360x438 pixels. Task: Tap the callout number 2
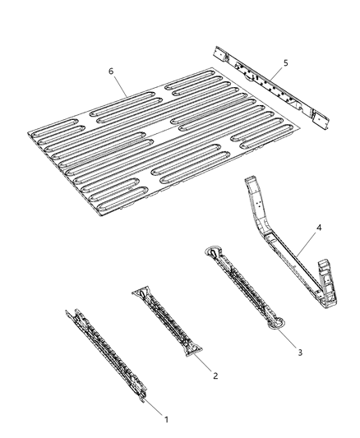click(x=215, y=376)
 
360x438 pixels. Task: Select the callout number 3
click(x=276, y=352)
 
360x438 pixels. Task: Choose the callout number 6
click(x=111, y=72)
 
